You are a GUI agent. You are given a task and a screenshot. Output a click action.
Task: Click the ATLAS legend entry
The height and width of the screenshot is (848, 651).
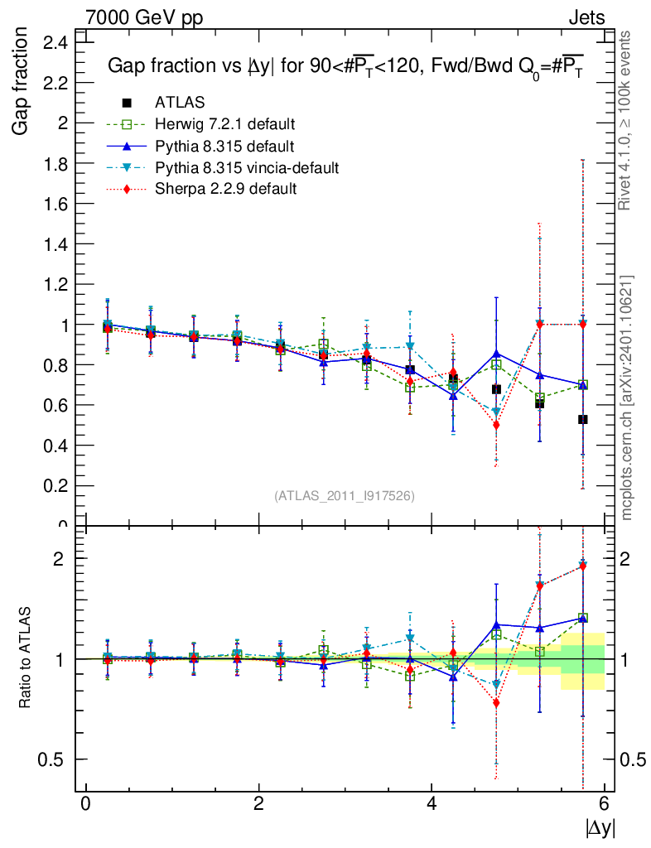click(180, 103)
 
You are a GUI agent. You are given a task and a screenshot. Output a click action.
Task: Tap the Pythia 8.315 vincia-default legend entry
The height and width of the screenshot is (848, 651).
click(247, 168)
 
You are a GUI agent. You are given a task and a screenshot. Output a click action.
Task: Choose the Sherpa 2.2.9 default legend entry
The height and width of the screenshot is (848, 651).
click(225, 190)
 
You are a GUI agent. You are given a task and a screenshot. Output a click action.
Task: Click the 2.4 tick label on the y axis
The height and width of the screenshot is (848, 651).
click(60, 42)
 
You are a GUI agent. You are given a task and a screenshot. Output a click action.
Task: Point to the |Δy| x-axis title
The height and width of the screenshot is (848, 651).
click(600, 828)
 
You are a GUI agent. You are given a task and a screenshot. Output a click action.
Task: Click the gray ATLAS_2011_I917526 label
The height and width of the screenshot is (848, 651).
click(345, 495)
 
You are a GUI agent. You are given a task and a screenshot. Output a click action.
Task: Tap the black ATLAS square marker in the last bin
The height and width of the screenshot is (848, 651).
click(583, 420)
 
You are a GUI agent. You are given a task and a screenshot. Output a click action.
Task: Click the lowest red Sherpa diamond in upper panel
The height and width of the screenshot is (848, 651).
click(496, 425)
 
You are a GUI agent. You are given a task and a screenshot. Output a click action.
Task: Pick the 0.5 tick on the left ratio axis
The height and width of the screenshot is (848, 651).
click(63, 759)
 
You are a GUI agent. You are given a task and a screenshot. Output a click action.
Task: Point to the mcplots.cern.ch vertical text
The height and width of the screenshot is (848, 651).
click(627, 397)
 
